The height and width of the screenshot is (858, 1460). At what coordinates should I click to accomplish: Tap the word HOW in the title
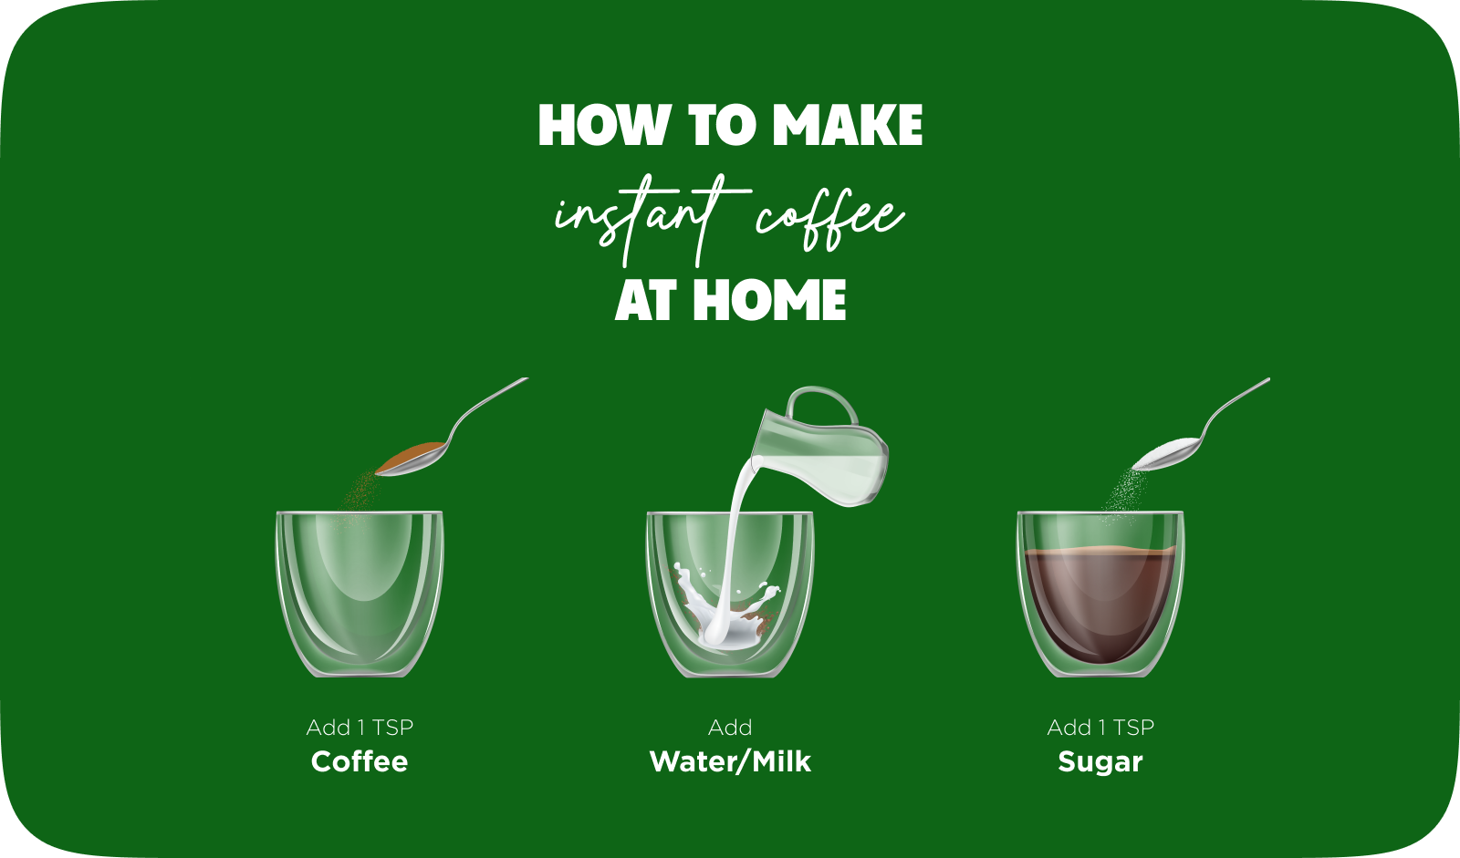(x=604, y=124)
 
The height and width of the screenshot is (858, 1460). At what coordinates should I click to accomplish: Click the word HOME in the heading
(x=769, y=300)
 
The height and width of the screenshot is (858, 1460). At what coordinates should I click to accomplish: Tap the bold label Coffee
(x=360, y=761)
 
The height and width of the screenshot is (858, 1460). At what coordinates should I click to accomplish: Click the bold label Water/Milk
(x=730, y=761)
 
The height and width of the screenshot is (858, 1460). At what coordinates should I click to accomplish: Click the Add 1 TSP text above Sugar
(x=1100, y=727)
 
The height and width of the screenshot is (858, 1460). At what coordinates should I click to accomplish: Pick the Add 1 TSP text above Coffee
(x=360, y=727)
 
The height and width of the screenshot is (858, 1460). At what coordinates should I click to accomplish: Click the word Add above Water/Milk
(x=730, y=727)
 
